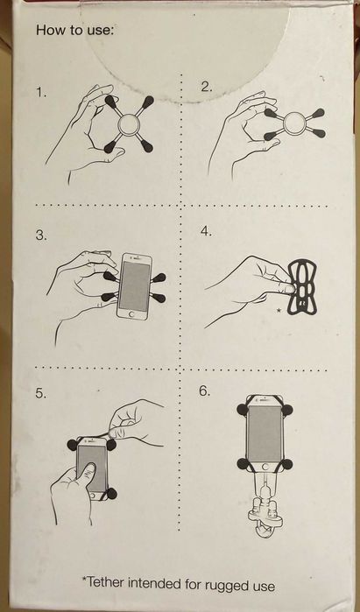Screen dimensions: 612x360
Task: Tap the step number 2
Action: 207,87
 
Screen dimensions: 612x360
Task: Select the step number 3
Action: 41,236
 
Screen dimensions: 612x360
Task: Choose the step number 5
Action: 41,393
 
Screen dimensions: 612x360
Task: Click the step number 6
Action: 204,390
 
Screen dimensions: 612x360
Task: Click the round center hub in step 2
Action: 292,123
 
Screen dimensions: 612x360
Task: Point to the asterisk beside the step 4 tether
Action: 279,310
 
